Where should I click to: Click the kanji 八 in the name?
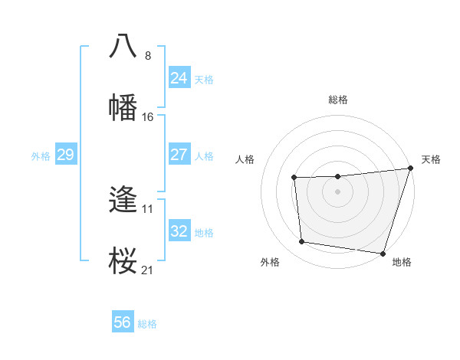click(123, 45)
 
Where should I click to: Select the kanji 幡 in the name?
click(123, 107)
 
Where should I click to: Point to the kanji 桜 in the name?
click(123, 261)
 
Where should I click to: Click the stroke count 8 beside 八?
click(148, 55)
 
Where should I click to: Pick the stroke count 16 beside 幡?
click(148, 117)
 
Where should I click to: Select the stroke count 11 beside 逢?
click(148, 208)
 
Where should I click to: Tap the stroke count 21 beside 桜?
click(148, 270)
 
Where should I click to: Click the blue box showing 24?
click(179, 78)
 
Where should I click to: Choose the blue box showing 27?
click(179, 155)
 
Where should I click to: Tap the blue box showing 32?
click(179, 231)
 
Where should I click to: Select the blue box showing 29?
click(65, 155)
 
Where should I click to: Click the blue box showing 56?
click(123, 323)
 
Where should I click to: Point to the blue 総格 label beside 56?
click(148, 324)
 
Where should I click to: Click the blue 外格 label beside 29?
click(41, 156)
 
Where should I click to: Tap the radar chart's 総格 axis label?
click(338, 100)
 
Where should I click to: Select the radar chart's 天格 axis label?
click(432, 159)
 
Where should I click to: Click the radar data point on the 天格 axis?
click(410, 169)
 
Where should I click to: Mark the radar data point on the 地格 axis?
click(383, 253)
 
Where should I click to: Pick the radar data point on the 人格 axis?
click(294, 178)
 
